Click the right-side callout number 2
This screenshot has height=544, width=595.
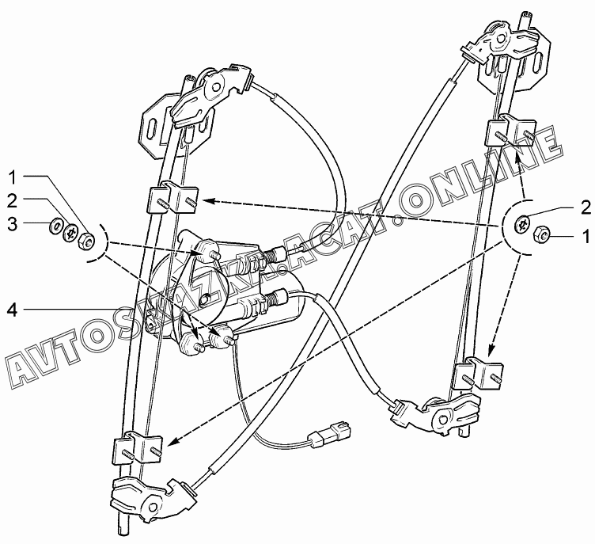click(x=585, y=207)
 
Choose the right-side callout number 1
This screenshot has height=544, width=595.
click(x=586, y=235)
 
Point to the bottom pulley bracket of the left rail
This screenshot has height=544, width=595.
click(x=147, y=496)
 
